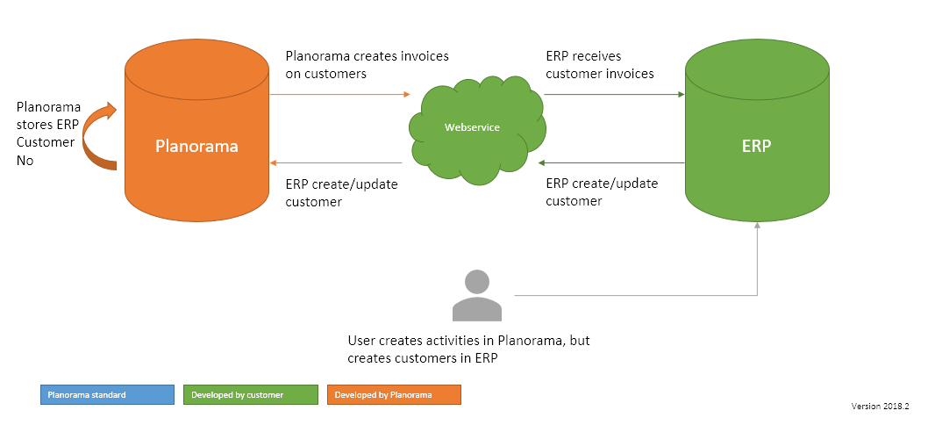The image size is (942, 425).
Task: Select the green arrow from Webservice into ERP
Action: pyautogui.click(x=614, y=93)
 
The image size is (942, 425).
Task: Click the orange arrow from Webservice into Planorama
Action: pyautogui.click(x=337, y=162)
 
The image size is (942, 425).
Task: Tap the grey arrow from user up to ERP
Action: pyautogui.click(x=756, y=263)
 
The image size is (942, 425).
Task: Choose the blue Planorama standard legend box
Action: pyautogui.click(x=107, y=395)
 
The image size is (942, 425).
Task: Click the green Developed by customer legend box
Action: pyautogui.click(x=250, y=395)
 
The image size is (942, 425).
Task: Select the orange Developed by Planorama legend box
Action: pyautogui.click(x=394, y=395)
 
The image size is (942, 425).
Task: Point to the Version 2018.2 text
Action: pyautogui.click(x=880, y=407)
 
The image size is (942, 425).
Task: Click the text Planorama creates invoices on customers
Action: pyautogui.click(x=367, y=65)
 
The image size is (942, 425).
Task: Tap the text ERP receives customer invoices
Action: pyautogui.click(x=600, y=65)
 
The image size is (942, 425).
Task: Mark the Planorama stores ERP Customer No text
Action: pyautogui.click(x=47, y=133)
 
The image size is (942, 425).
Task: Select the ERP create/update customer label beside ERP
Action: pyautogui.click(x=602, y=191)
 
